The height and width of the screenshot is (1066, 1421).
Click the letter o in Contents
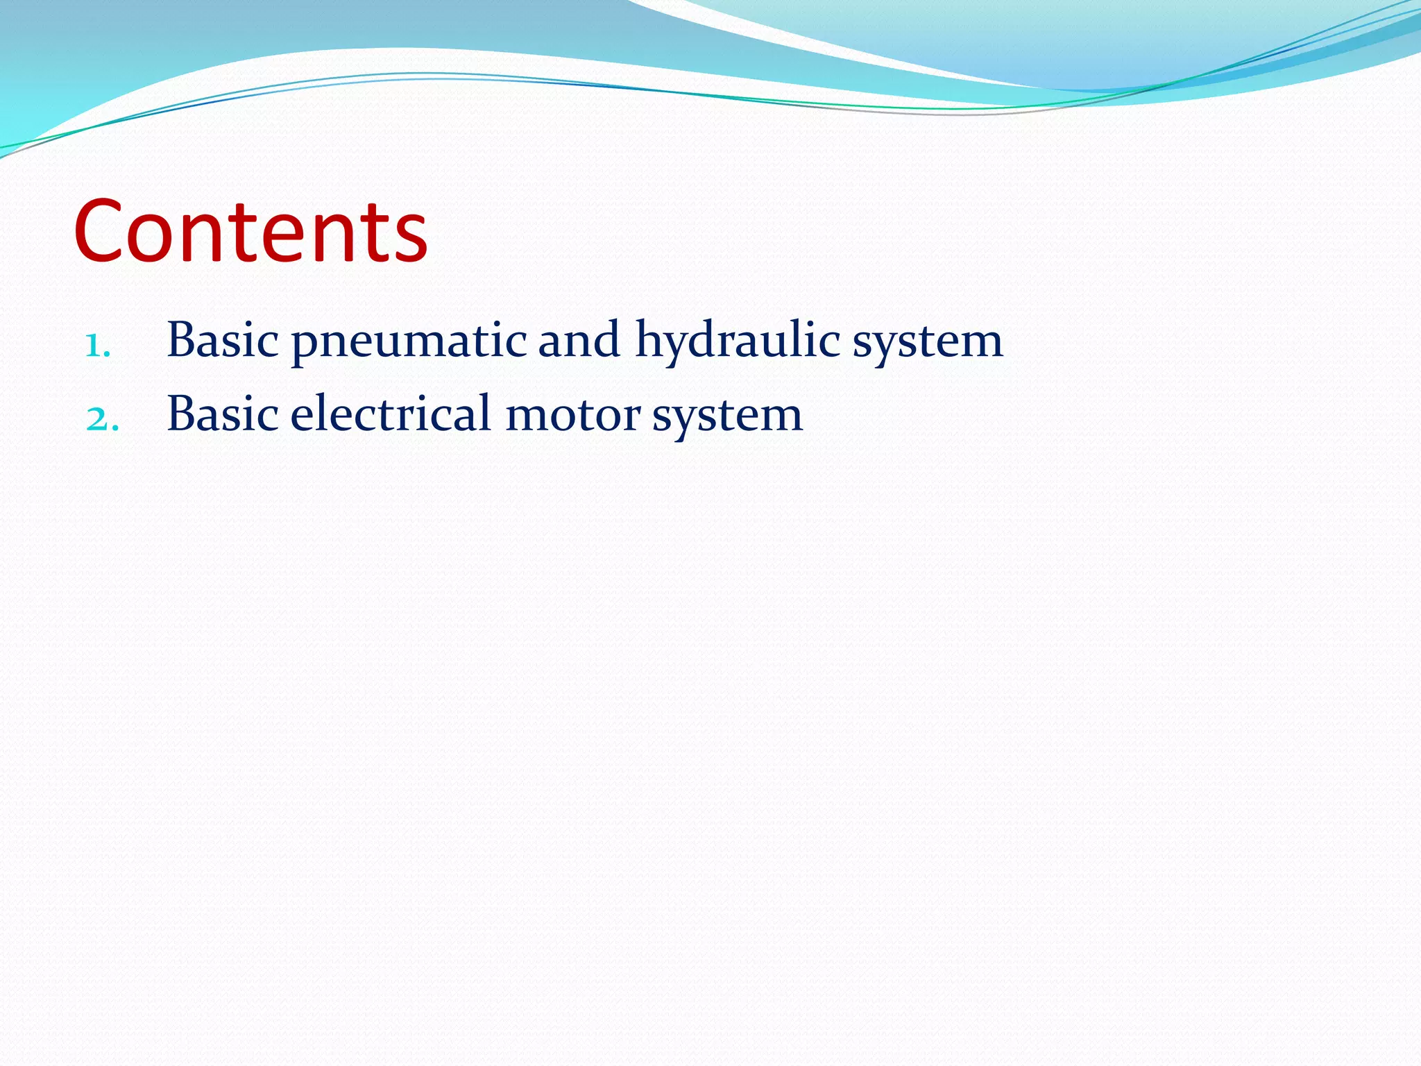click(154, 239)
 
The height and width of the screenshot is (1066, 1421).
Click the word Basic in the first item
click(223, 340)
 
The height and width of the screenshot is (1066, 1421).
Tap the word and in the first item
click(579, 340)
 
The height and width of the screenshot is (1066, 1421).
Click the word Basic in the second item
click(223, 414)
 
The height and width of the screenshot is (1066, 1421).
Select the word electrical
click(391, 414)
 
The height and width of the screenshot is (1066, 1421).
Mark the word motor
click(573, 416)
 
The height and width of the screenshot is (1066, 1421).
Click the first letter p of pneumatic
click(304, 345)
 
